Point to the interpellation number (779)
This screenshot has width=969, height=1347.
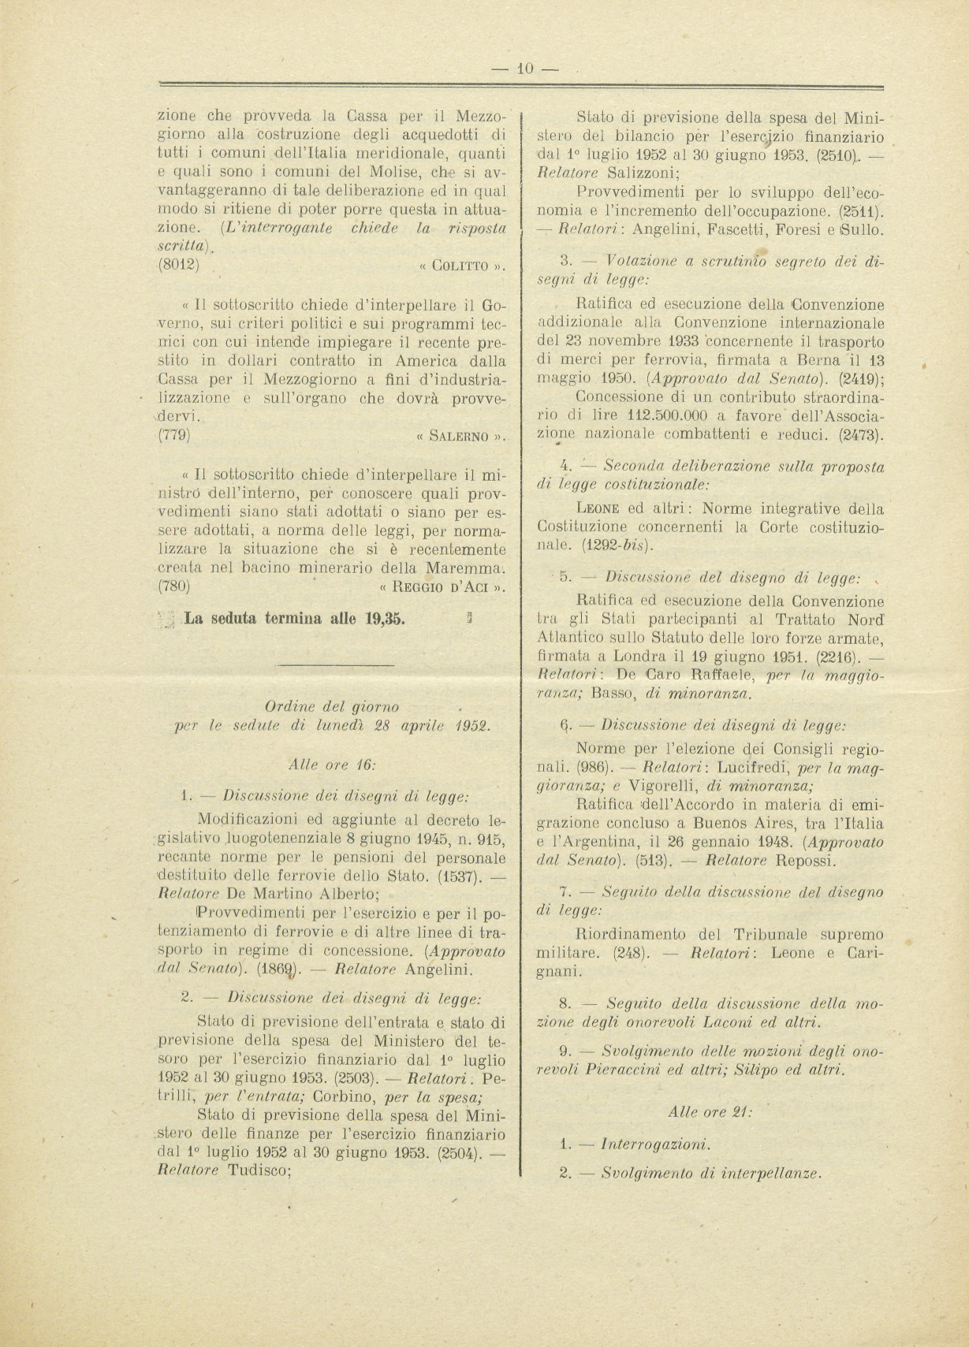(x=174, y=435)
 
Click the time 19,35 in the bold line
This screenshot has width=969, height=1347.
(x=386, y=618)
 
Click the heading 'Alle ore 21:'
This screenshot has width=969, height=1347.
(x=710, y=1112)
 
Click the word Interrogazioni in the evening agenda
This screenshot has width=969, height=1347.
(x=655, y=1144)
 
